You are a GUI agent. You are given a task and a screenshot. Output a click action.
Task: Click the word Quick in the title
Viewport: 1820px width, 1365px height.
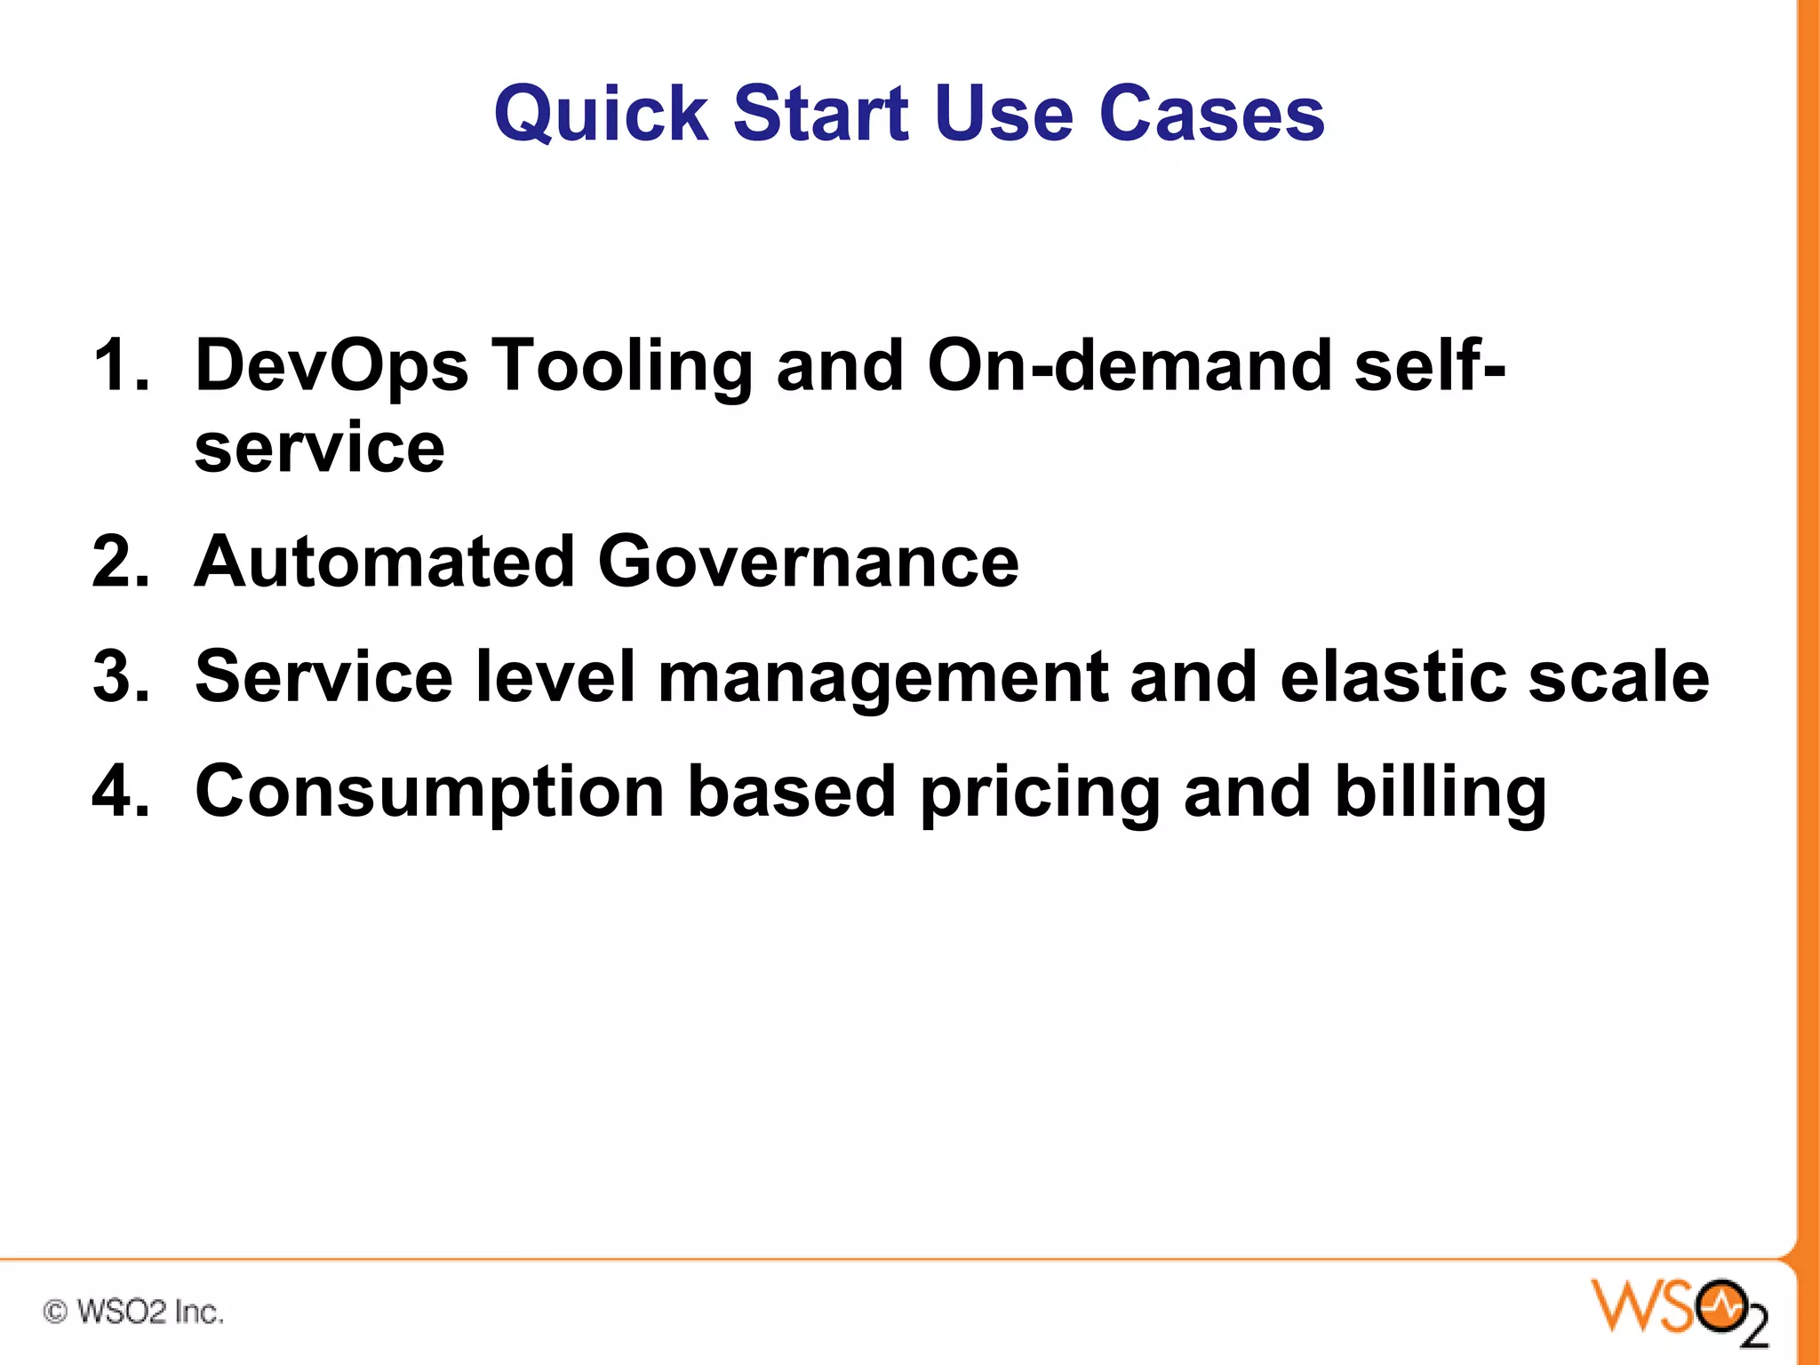(x=601, y=115)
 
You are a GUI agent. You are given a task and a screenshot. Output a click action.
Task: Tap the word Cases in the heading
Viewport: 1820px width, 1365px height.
(x=1211, y=115)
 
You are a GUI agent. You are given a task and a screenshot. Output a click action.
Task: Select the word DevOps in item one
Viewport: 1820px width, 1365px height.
(x=331, y=366)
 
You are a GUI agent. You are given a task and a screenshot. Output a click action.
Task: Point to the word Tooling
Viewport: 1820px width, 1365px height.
(x=622, y=366)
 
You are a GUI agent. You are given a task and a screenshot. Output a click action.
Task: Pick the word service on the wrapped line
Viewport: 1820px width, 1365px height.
(x=319, y=448)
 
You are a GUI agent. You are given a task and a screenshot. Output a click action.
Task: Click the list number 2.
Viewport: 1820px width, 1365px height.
(x=119, y=562)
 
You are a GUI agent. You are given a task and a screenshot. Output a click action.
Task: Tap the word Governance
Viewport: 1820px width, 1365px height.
(x=808, y=562)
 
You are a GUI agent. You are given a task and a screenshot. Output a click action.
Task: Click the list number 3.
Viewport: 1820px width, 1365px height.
(x=119, y=677)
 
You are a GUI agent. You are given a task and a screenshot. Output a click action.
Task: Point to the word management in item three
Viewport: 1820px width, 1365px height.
(x=882, y=679)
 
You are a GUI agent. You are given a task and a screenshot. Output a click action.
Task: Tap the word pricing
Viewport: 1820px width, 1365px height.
(x=1040, y=793)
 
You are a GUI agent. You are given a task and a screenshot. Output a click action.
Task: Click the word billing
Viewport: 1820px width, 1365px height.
(x=1441, y=793)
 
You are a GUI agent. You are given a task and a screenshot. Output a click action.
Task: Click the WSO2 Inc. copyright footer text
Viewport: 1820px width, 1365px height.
(x=133, y=1312)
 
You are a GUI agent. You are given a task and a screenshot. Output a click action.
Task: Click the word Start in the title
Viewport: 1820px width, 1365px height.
(x=821, y=115)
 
